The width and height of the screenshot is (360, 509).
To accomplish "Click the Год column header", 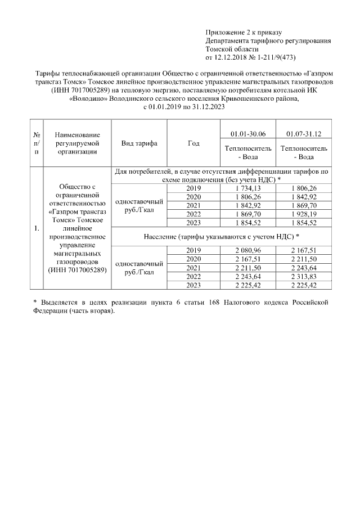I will click(x=193, y=143).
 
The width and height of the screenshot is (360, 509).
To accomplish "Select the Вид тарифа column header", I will click(x=139, y=143).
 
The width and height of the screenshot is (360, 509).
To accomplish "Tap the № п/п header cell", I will click(x=37, y=143).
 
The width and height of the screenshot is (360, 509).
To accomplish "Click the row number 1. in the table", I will click(x=37, y=228).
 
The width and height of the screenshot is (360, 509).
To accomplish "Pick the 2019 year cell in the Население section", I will click(x=193, y=249).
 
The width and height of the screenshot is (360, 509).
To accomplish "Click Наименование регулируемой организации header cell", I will click(x=78, y=143).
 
